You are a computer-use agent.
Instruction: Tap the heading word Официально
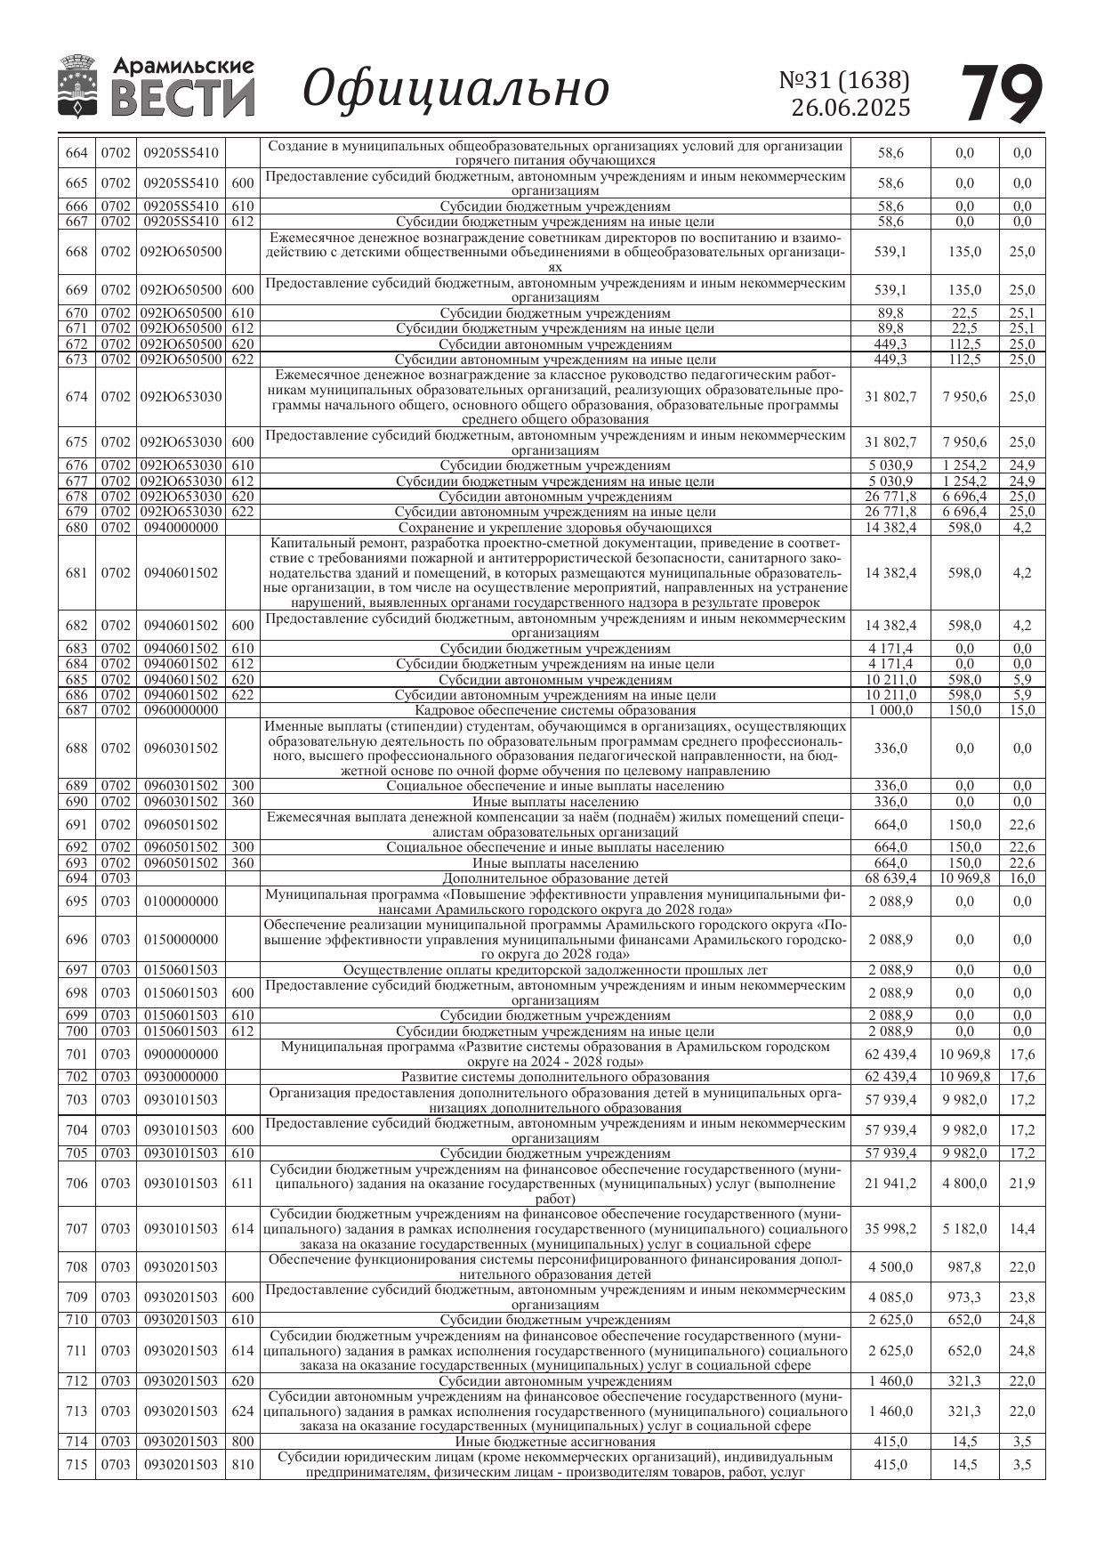pyautogui.click(x=455, y=89)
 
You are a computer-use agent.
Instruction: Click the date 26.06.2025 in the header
pyautogui.click(x=850, y=108)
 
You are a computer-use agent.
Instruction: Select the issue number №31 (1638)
pyautogui.click(x=844, y=80)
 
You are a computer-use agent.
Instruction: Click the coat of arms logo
pyautogui.click(x=77, y=86)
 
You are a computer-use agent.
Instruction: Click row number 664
pyautogui.click(x=77, y=153)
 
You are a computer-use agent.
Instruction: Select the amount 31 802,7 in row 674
pyautogui.click(x=890, y=397)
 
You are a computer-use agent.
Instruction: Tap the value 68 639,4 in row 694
pyautogui.click(x=890, y=878)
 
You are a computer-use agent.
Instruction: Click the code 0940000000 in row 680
pyautogui.click(x=181, y=528)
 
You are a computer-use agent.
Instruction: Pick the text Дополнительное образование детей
pyautogui.click(x=555, y=878)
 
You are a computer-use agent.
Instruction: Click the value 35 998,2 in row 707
pyautogui.click(x=890, y=1229)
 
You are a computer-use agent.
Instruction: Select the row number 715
pyautogui.click(x=77, y=1465)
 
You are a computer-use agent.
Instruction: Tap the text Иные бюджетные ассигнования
pyautogui.click(x=555, y=1442)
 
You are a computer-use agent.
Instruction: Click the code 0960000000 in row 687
pyautogui.click(x=181, y=710)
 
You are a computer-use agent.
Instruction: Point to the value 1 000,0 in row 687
pyautogui.click(x=890, y=710)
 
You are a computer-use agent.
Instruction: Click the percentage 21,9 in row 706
pyautogui.click(x=1021, y=1184)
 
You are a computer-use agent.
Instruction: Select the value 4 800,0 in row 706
pyautogui.click(x=964, y=1184)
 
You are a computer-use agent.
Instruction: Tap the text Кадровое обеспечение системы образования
pyautogui.click(x=555, y=710)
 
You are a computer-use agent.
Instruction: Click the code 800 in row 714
pyautogui.click(x=242, y=1442)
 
